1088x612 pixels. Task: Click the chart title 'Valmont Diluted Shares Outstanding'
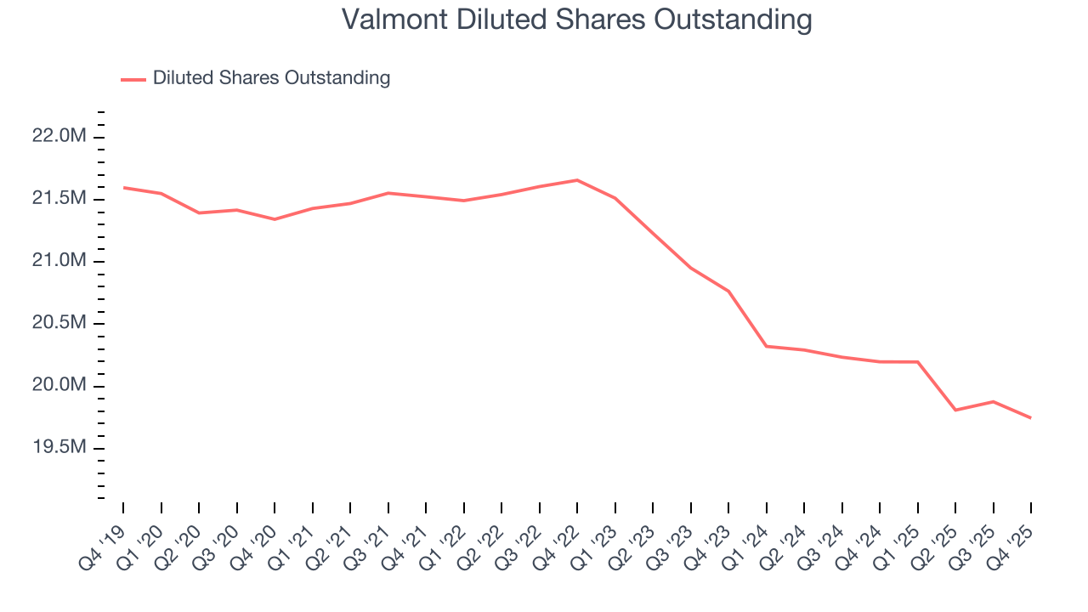coord(576,20)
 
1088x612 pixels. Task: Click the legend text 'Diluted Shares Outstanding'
coord(271,78)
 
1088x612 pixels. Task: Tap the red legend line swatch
coord(133,79)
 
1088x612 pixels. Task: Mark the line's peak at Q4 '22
coord(577,180)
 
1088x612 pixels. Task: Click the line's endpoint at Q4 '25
coord(1031,417)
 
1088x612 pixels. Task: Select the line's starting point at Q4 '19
coord(124,188)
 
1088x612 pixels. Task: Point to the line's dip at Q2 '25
coord(955,410)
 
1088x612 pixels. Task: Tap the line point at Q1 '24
coord(767,346)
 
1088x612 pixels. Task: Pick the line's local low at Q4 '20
coord(275,219)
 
